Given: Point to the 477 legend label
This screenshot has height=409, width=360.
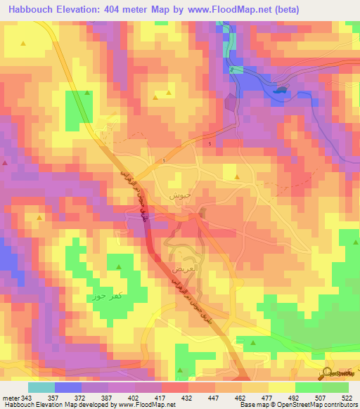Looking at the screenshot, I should (258, 398).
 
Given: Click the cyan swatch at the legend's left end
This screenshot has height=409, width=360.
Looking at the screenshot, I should (41, 387).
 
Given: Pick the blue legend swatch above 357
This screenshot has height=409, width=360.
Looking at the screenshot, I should (68, 387).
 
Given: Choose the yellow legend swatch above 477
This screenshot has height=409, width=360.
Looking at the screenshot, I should (255, 387).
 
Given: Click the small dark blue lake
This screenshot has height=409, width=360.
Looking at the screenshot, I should (281, 90).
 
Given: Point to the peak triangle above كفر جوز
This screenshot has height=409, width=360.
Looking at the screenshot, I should (118, 267).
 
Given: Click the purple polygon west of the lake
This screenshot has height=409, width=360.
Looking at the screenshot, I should (231, 103).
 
